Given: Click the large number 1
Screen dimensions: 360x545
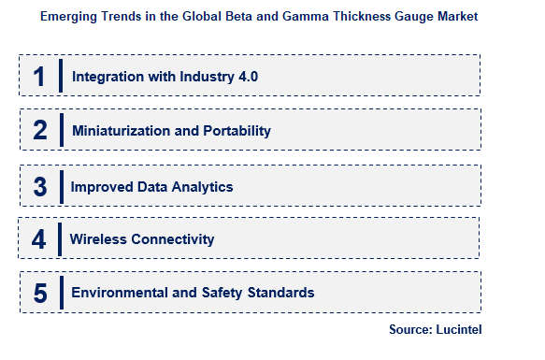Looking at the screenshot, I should (x=39, y=76).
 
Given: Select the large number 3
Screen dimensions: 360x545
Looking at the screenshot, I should (x=39, y=186).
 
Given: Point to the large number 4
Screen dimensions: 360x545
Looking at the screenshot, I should (x=39, y=239).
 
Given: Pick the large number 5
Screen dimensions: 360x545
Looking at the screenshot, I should (x=39, y=294).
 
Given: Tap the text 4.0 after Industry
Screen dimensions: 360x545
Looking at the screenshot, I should (x=247, y=76).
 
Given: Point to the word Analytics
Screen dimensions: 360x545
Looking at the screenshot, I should (x=201, y=186).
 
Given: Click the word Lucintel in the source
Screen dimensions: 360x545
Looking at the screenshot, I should (x=458, y=329).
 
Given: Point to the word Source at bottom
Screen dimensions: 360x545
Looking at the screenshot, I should (x=409, y=329).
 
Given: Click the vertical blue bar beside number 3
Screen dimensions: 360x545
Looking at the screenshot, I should (x=61, y=185).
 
